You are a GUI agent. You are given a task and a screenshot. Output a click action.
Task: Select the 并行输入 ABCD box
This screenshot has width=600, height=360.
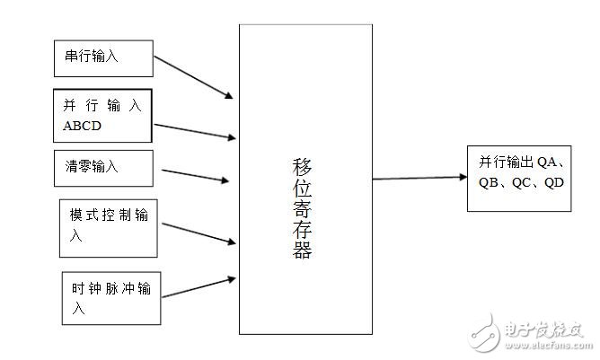[101, 115]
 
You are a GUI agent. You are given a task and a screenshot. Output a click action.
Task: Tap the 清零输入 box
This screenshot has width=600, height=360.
[103, 167]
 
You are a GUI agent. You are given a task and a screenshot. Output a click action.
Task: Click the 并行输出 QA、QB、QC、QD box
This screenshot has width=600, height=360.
[519, 178]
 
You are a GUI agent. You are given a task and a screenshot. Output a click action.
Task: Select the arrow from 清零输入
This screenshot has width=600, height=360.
[195, 175]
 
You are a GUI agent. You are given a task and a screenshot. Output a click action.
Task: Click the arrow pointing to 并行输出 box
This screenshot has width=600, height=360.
[419, 177]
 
